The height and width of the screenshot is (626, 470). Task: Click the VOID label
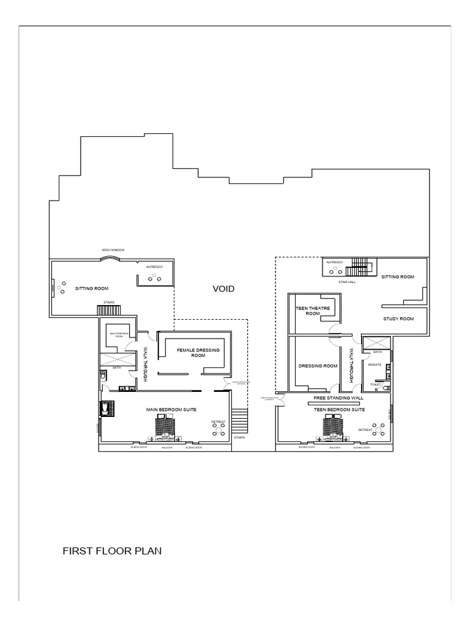click(x=223, y=289)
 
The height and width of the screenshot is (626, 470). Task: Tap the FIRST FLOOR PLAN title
click(x=112, y=551)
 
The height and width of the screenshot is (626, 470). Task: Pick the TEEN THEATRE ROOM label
click(x=312, y=311)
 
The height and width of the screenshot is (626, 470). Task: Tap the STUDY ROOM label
click(x=398, y=319)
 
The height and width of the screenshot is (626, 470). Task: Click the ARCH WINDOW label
click(x=113, y=250)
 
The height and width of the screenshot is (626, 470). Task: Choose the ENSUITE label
click(x=375, y=365)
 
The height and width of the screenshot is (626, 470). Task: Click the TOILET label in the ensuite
click(x=375, y=385)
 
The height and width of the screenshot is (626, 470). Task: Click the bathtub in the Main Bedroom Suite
click(x=105, y=408)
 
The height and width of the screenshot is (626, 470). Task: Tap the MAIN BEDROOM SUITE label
click(x=171, y=409)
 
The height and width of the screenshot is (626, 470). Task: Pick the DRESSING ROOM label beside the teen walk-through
click(x=318, y=366)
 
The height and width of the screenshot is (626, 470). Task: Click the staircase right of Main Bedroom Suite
click(x=241, y=422)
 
